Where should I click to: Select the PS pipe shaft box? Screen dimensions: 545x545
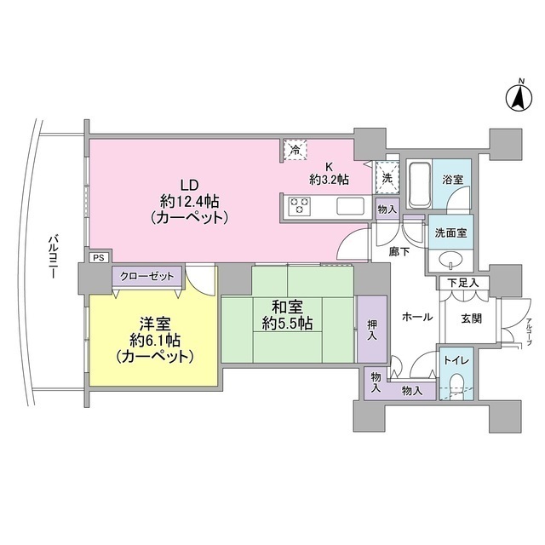tap(99, 257)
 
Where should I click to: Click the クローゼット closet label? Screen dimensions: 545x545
tap(146, 276)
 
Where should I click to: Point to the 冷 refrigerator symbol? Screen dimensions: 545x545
tap(295, 150)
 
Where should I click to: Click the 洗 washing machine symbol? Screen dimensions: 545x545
tap(386, 179)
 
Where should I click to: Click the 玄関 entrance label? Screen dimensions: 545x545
tap(472, 318)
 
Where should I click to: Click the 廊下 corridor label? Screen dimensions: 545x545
tap(400, 252)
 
